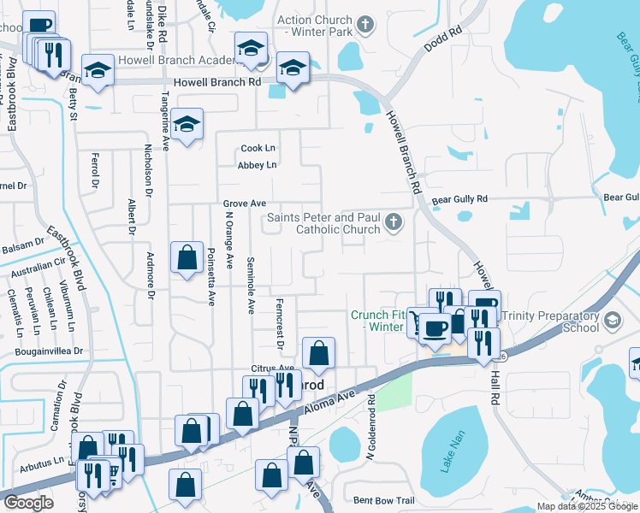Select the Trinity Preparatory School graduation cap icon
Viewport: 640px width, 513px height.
click(x=613, y=321)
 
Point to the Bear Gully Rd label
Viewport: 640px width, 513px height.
click(x=459, y=199)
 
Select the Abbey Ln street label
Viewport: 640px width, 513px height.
click(x=258, y=165)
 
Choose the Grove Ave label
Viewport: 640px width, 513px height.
click(x=245, y=203)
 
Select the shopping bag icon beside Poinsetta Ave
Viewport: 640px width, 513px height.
click(x=187, y=257)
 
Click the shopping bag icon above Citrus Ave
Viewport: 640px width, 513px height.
click(x=318, y=353)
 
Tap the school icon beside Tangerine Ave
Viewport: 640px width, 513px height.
click(x=187, y=126)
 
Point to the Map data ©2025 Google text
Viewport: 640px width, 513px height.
click(x=586, y=506)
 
